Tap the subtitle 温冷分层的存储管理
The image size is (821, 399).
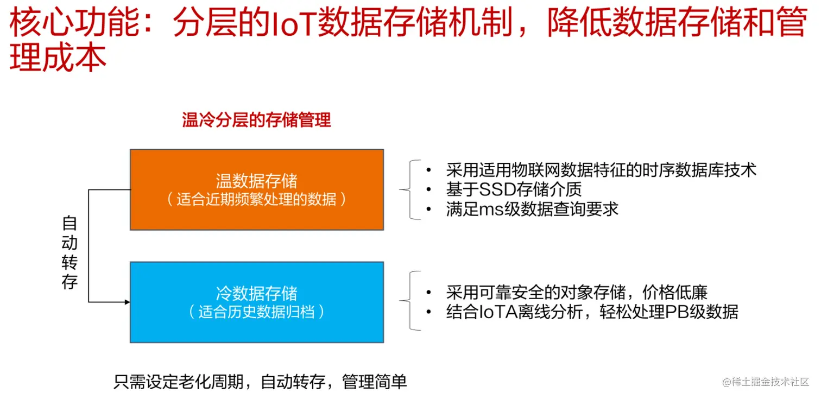pos(256,120)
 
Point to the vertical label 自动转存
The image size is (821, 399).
pos(70,252)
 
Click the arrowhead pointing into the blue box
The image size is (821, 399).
pos(127,302)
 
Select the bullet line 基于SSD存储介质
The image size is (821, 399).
pos(514,189)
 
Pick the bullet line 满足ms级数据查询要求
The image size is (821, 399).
pos(532,209)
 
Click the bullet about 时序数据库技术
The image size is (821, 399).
pos(601,170)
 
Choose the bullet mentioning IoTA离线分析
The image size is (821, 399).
pos(592,312)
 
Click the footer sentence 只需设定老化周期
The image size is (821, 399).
pos(260,382)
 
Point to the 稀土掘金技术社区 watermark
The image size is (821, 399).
pos(766,382)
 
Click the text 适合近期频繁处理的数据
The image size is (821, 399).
pos(256,199)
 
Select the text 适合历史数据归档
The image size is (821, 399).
pos(256,312)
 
